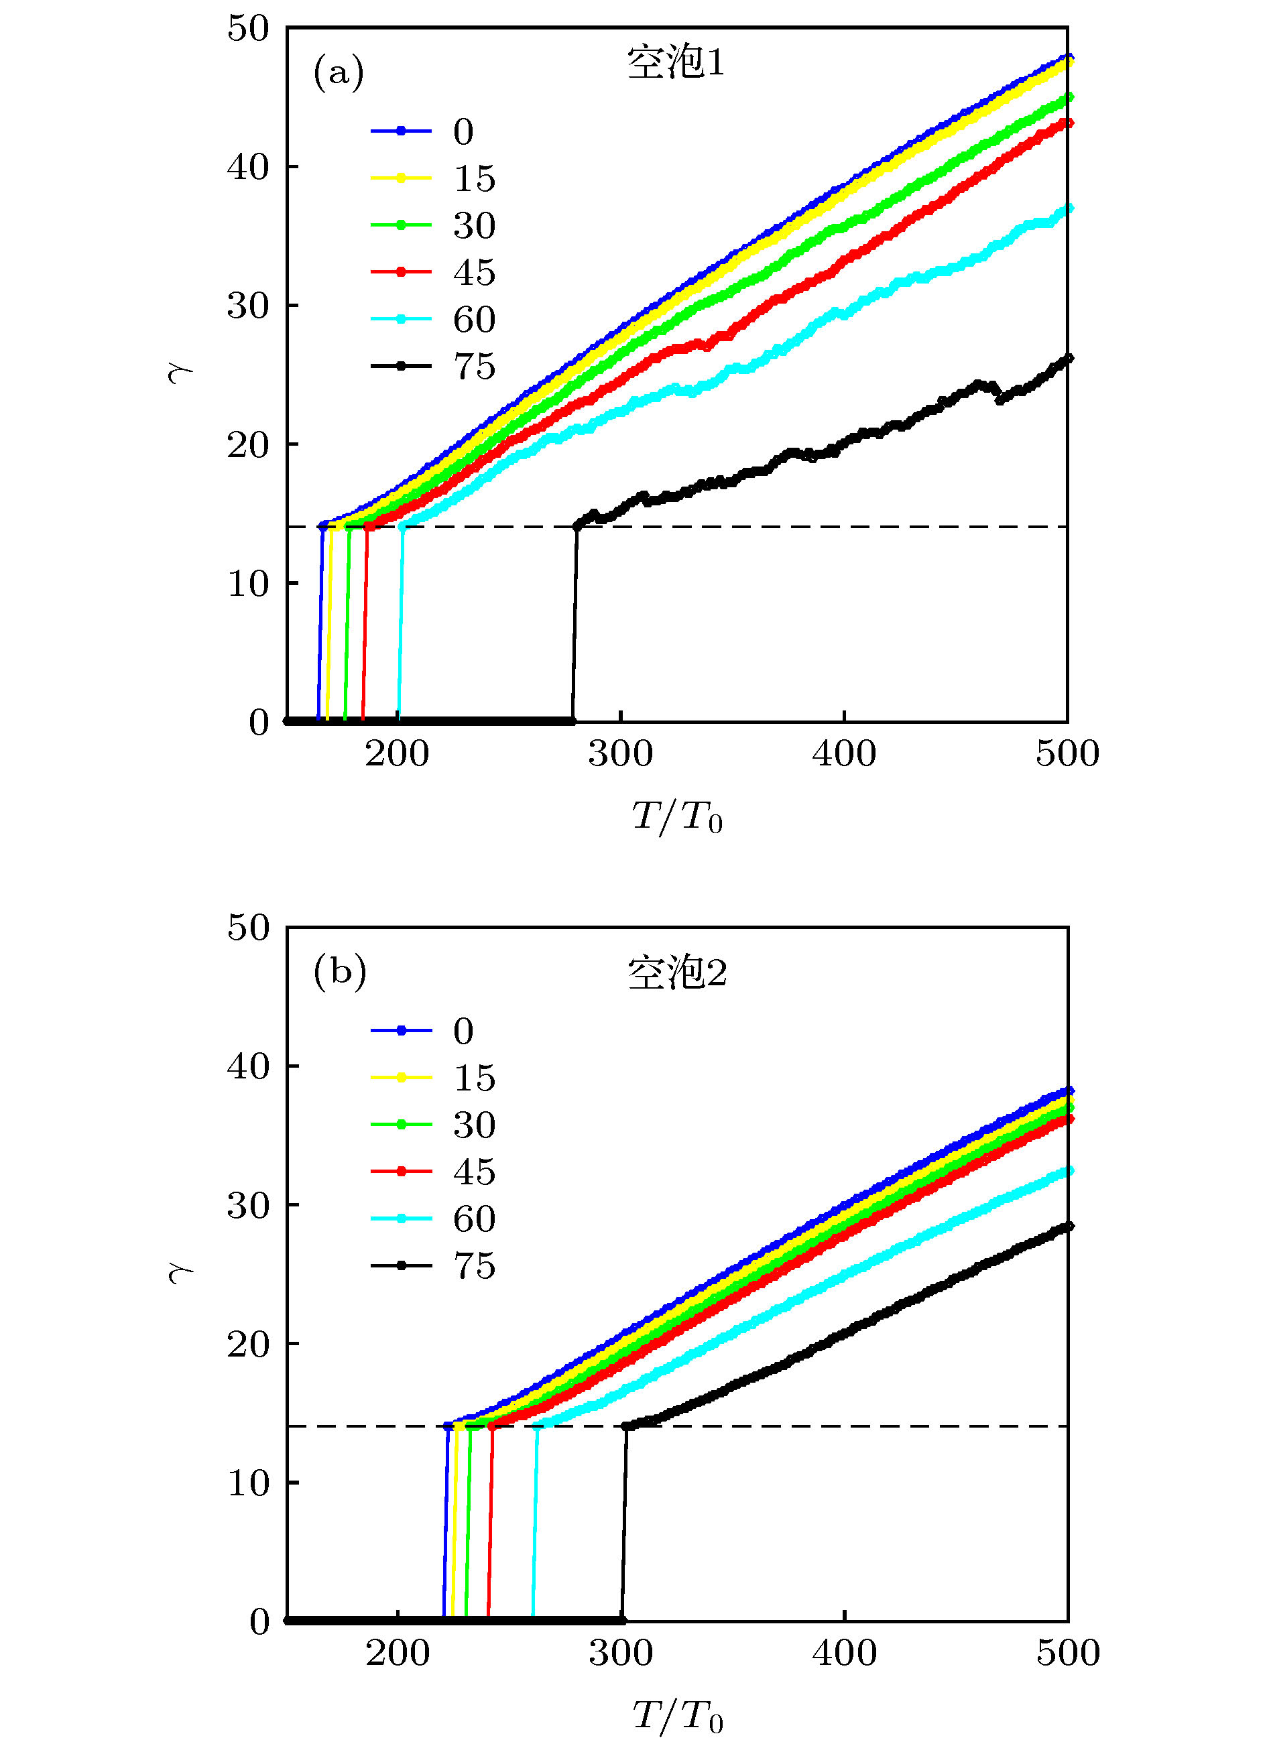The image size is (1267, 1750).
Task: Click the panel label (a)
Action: [338, 73]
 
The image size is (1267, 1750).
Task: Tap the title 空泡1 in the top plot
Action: [676, 62]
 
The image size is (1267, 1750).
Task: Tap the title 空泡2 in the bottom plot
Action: [676, 973]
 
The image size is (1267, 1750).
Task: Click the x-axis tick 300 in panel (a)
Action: [620, 753]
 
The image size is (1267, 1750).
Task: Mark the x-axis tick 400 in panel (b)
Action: [844, 1653]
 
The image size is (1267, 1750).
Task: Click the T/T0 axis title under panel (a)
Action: [676, 816]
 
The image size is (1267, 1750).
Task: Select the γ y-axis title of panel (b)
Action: [180, 1273]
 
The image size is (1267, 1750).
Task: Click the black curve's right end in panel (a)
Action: [1068, 358]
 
